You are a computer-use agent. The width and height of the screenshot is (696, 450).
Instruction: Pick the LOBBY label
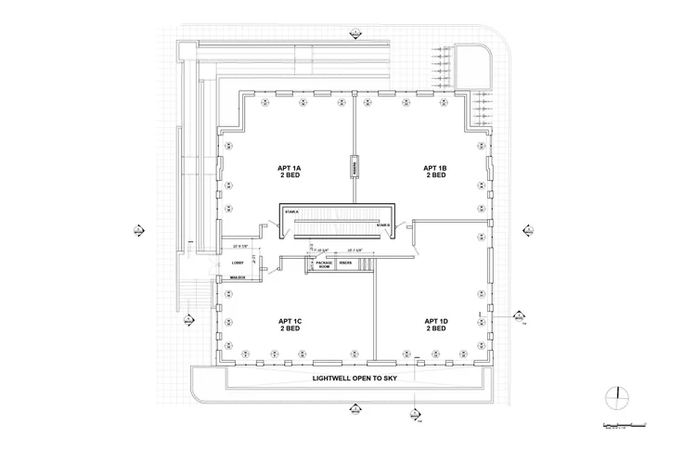(238, 263)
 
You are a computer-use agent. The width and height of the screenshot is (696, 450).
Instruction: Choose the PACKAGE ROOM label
(323, 266)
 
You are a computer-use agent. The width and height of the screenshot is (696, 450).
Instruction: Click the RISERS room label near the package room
(346, 264)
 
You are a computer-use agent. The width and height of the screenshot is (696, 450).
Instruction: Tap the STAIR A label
(290, 213)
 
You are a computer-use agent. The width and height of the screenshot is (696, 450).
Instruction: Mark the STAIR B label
(382, 225)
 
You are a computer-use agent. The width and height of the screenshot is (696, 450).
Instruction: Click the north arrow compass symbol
(616, 398)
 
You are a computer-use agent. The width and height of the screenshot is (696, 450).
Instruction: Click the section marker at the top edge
(355, 34)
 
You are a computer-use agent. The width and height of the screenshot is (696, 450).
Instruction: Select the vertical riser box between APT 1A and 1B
(354, 167)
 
